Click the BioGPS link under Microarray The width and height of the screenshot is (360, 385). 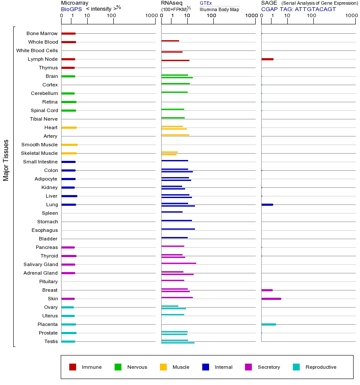(71, 9)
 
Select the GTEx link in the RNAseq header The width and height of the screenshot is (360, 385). (206, 3)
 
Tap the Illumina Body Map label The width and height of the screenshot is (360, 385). (219, 9)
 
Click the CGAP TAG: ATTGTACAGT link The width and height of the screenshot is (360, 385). (298, 9)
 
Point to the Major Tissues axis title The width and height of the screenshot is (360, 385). (6, 160)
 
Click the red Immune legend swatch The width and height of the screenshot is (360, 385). (73, 367)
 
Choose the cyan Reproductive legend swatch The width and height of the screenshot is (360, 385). (296, 367)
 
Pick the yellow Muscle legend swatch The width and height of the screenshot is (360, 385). (163, 367)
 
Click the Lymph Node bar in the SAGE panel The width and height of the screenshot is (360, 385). (267, 59)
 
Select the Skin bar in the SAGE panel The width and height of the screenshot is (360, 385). (271, 299)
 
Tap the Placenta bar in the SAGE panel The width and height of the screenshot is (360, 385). (269, 324)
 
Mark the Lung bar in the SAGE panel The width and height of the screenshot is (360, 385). (267, 204)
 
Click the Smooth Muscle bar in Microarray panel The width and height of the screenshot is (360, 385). (69, 145)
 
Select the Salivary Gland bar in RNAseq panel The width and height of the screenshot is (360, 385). (178, 263)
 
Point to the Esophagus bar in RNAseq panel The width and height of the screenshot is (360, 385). (178, 229)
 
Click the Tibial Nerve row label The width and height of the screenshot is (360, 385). (44, 119)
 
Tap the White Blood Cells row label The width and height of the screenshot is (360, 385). (37, 50)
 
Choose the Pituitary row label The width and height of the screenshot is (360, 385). (48, 281)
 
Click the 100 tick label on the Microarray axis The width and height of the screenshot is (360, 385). (112, 16)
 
